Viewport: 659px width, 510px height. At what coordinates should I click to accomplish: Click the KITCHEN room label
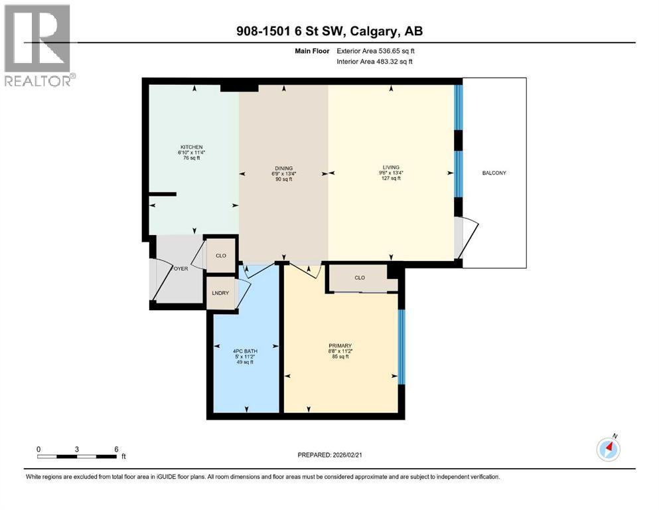click(x=192, y=147)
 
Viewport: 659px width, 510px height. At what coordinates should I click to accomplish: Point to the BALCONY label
click(x=494, y=173)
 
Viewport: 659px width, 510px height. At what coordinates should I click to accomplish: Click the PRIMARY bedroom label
click(x=340, y=345)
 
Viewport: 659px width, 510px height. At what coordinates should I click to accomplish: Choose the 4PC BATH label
click(x=245, y=351)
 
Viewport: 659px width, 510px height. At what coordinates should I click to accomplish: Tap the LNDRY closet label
click(x=220, y=293)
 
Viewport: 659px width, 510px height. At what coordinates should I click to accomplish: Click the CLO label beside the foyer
click(x=220, y=255)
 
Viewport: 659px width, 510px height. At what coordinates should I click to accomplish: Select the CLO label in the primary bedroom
click(x=360, y=278)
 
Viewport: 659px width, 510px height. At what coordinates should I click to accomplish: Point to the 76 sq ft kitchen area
click(x=192, y=158)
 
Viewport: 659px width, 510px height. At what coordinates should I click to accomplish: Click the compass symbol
click(x=608, y=449)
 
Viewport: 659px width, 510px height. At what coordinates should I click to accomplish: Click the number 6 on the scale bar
click(x=116, y=448)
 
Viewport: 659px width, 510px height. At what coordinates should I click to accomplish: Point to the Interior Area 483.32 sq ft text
click(x=374, y=62)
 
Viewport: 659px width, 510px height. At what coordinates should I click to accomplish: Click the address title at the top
click(x=329, y=31)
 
